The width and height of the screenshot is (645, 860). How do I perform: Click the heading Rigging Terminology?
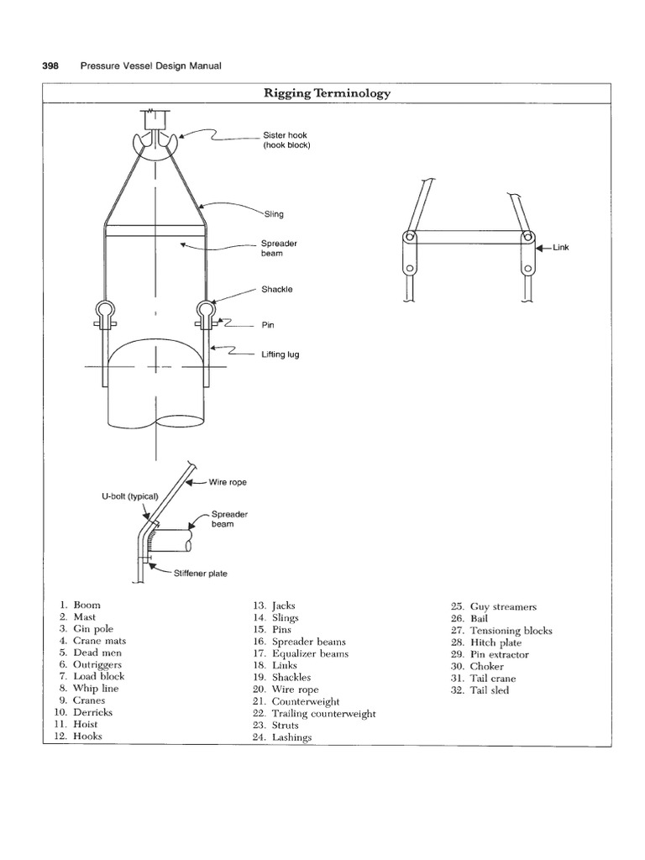tap(328, 93)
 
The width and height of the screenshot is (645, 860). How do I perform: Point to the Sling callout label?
tap(273, 214)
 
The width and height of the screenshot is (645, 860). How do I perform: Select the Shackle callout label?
tap(277, 289)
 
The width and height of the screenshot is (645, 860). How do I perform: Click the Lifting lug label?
tap(281, 354)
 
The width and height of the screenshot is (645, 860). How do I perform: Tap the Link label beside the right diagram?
tap(560, 248)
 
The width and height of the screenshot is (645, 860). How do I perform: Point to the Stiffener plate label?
tap(200, 574)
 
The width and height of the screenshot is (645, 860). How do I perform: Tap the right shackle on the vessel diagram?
tap(205, 312)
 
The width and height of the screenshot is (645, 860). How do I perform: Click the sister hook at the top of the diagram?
tap(155, 144)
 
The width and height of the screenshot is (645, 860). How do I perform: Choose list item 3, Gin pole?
tap(92, 628)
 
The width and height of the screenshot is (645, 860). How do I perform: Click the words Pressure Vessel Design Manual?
tap(150, 65)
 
